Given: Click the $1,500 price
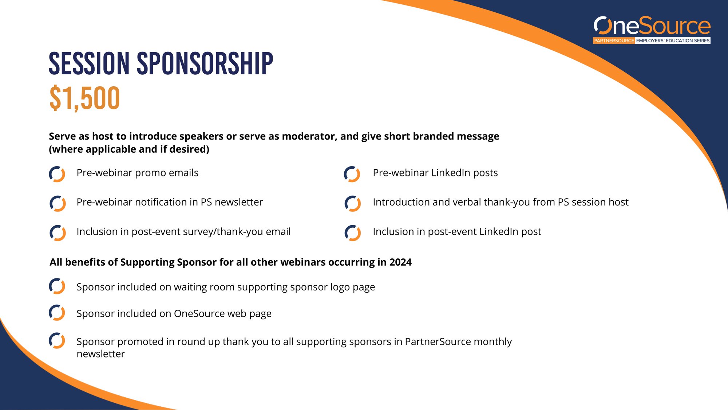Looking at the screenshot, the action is (84, 98).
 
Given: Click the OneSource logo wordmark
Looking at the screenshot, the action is (652, 26).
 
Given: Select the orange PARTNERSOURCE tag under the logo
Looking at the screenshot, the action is (614, 41).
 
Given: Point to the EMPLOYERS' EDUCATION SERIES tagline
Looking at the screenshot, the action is (673, 41).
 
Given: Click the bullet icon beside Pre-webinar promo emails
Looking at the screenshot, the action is (57, 174).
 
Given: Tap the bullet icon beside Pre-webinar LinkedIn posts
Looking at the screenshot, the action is (352, 174).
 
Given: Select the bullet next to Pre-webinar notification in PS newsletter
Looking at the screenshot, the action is (58, 203).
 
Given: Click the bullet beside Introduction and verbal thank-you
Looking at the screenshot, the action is (352, 203).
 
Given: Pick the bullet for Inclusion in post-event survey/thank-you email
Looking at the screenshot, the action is (58, 233).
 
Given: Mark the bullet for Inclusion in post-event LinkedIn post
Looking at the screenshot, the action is (352, 233).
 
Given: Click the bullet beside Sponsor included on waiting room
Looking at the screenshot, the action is (57, 286).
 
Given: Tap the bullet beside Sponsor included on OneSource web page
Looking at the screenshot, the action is (57, 312).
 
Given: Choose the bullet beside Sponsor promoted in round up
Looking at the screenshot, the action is (57, 340).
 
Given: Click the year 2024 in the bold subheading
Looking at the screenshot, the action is (400, 262).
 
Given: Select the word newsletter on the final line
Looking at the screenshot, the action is (101, 354).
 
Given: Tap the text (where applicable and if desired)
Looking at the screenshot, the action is (129, 149).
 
